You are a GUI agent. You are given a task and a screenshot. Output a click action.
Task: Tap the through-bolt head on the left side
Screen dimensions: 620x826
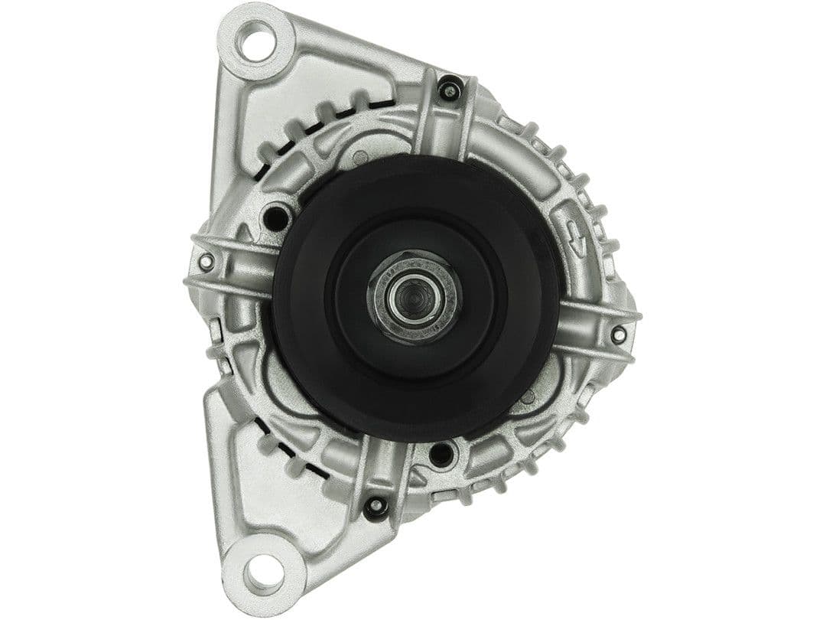point(205,263)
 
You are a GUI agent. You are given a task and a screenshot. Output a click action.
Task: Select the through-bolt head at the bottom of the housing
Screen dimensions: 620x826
point(375,507)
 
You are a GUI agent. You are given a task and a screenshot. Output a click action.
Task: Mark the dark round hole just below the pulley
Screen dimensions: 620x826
point(441,455)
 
